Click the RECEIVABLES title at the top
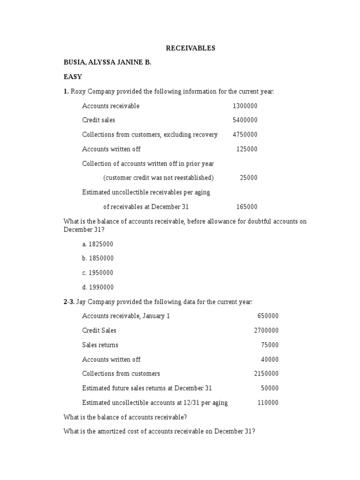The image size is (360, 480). pos(190,48)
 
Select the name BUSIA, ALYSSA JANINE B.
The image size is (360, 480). pos(107,62)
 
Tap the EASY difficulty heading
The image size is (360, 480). pos(73,77)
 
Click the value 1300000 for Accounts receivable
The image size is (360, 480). pos(245,106)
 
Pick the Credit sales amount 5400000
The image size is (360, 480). pos(245,120)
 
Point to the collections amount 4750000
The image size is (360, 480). pos(245,135)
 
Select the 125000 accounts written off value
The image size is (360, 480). pos(247,149)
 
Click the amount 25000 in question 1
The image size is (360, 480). pos(248,178)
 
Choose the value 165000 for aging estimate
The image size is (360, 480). pos(247,207)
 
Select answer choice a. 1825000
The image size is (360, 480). pos(97,244)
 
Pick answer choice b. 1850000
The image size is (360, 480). pos(97,258)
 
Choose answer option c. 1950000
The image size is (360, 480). pos(97,273)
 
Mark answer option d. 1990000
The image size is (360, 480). pos(97,287)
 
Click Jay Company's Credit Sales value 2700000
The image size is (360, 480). pos(266,330)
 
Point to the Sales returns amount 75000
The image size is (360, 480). pos(270,345)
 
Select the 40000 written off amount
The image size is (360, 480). pos(270,360)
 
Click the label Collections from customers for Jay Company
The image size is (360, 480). pos(121,374)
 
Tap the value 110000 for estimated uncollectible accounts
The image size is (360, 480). pos(268,403)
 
